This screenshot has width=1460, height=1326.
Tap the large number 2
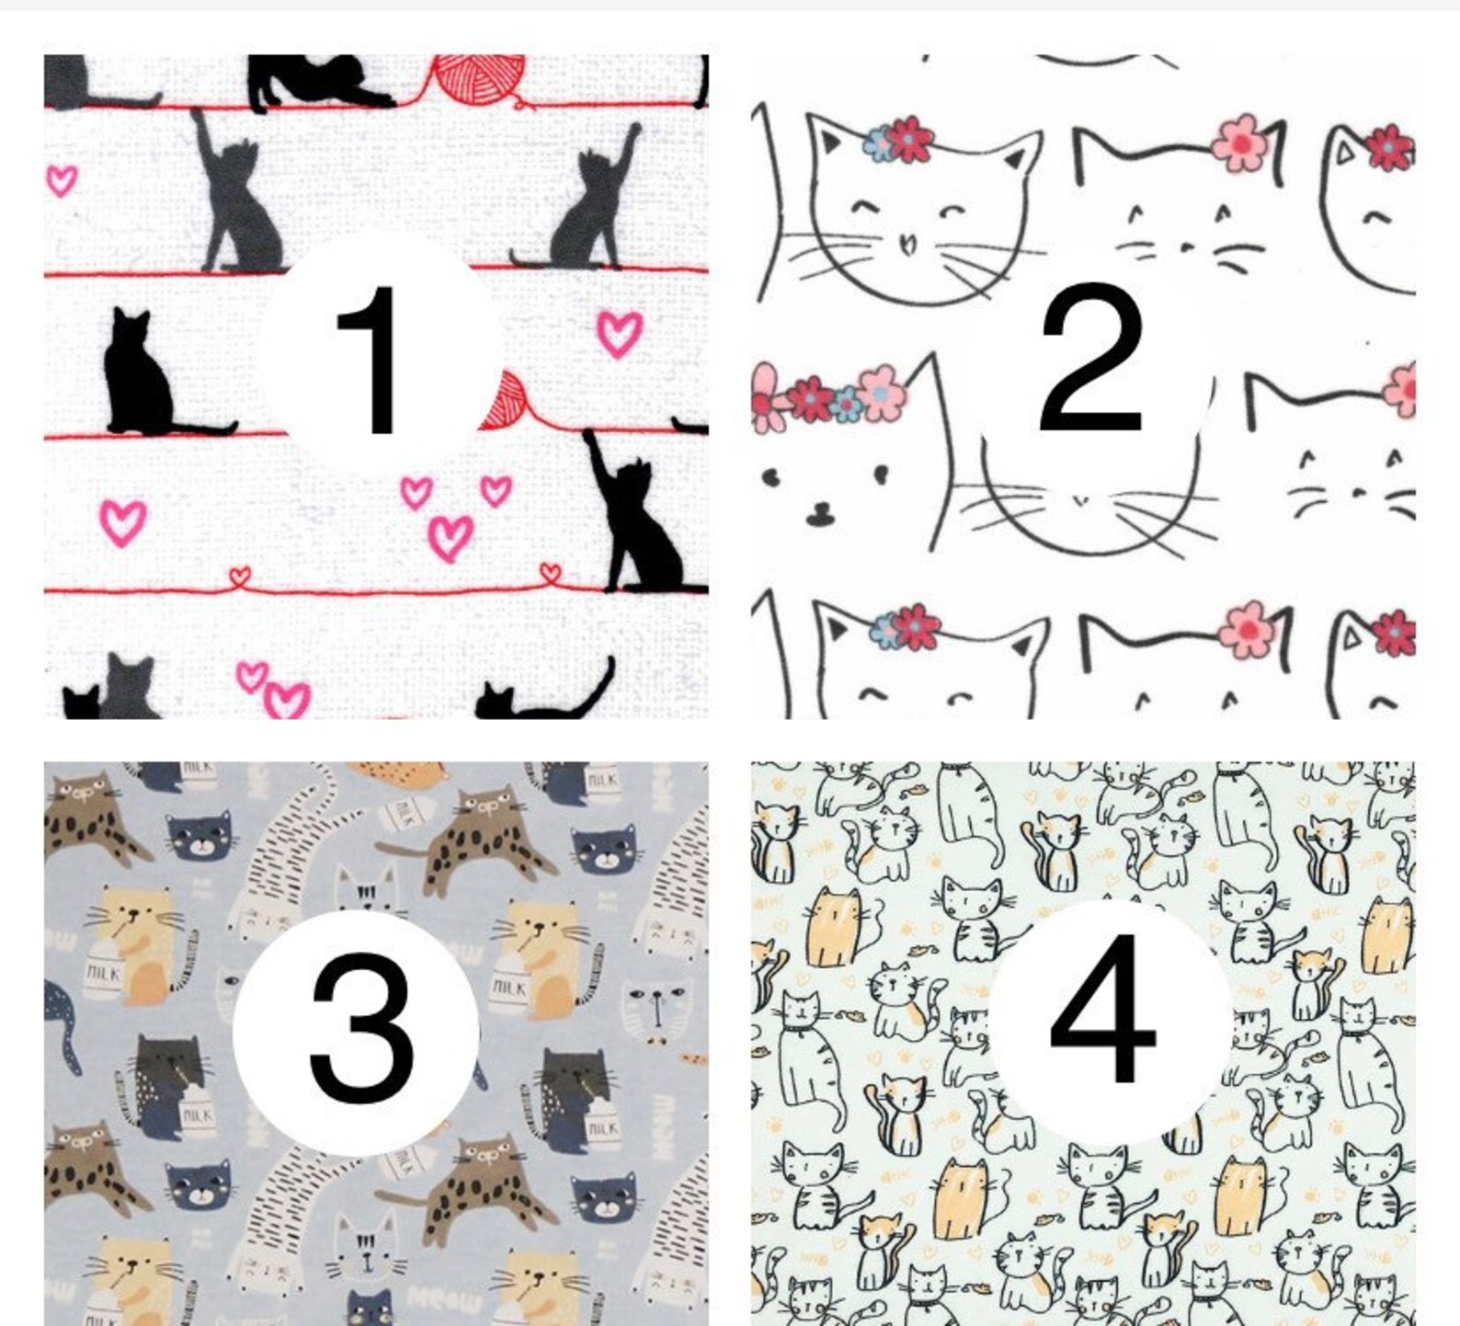pos(1091,359)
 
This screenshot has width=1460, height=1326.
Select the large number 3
pos(360,1027)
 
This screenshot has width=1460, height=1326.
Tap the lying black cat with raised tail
pos(547,696)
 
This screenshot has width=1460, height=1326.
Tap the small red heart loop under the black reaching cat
pos(550,573)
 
